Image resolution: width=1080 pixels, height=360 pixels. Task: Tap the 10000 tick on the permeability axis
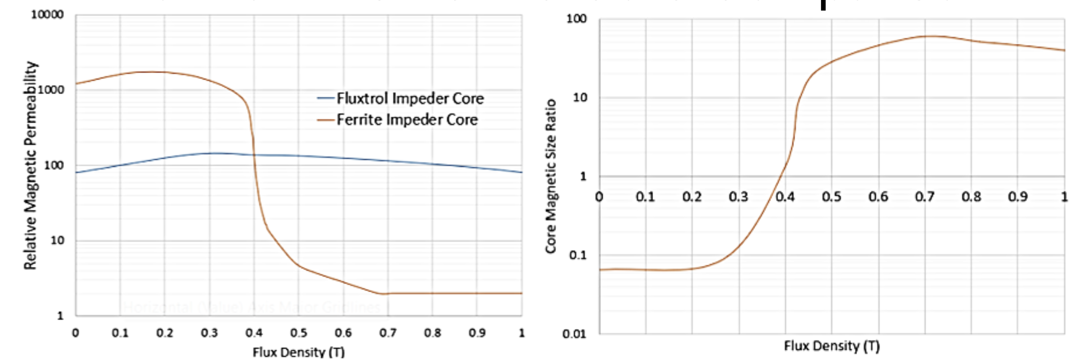coord(47,15)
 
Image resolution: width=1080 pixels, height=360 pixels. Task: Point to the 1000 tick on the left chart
coord(51,90)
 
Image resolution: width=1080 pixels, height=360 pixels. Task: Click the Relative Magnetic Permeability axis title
coord(30,165)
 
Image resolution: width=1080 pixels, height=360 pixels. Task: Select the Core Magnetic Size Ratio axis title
coord(550,176)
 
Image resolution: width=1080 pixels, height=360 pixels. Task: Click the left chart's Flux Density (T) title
coord(298,352)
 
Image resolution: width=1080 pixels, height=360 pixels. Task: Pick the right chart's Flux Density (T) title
coord(832,345)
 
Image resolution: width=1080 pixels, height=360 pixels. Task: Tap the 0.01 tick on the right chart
coord(575,334)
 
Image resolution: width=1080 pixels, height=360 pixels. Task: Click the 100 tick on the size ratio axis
coord(576,19)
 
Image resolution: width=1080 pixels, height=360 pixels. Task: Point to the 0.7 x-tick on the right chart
coord(925,196)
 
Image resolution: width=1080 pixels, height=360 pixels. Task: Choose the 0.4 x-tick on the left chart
coord(254,333)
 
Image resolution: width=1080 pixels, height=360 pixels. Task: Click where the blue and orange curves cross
coord(254,155)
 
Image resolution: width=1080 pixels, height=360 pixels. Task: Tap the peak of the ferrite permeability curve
coord(151,72)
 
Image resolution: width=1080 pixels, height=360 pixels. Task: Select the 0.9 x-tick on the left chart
coord(477,333)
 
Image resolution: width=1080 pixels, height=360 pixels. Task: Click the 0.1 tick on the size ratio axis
coord(577,255)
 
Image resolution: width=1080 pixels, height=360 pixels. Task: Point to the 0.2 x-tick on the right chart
coord(692,196)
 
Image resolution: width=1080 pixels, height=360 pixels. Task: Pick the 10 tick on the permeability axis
coord(57,241)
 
